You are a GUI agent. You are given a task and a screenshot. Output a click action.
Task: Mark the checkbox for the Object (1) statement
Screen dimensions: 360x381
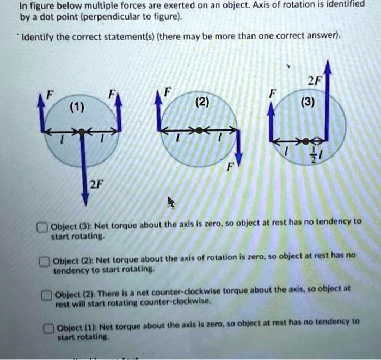[x=48, y=328]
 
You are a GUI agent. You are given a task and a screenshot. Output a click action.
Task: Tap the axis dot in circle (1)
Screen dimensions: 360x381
[x=82, y=132]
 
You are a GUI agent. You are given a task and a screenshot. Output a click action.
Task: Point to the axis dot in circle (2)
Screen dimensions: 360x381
[x=199, y=131]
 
